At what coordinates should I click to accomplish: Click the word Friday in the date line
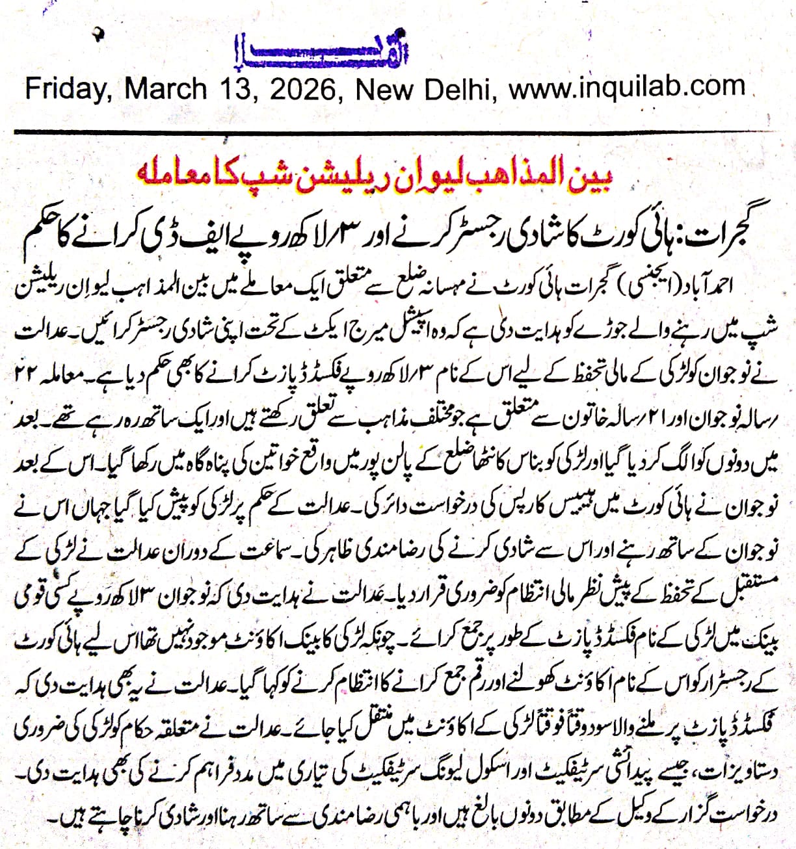pos(64,89)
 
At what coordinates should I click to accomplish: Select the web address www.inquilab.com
pos(627,87)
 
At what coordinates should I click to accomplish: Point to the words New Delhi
pos(423,89)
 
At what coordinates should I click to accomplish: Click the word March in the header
pos(165,89)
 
